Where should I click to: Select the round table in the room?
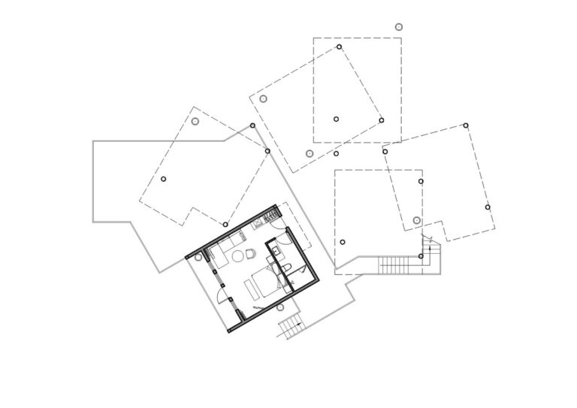237,256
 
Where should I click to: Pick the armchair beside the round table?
250,253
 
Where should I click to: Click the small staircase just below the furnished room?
289,328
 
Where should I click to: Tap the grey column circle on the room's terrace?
198,257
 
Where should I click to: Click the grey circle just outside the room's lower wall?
279,307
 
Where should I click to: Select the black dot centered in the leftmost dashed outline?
163,179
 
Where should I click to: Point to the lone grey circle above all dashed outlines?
399,26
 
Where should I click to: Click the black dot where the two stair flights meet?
421,256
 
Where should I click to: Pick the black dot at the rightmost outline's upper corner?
466,125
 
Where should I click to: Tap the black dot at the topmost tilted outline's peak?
339,47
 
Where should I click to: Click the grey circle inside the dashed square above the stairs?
417,220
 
